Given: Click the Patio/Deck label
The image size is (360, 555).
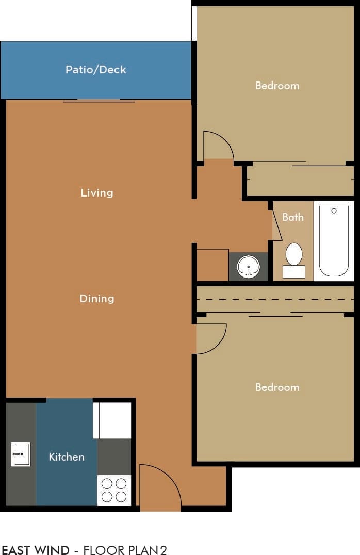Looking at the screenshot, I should [95, 70].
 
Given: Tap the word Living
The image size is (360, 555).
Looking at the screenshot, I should [96, 193].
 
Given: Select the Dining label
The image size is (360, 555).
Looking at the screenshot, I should [96, 299].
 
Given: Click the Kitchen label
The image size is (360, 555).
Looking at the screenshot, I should [66, 457].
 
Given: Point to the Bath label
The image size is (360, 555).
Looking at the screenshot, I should [292, 217].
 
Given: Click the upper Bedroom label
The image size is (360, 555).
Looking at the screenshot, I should [277, 86].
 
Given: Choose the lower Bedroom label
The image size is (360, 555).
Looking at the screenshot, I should [277, 387].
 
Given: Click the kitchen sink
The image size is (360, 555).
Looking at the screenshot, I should [21, 454].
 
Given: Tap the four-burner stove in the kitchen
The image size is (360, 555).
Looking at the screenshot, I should [114, 490].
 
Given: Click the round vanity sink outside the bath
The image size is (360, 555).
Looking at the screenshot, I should [249, 267].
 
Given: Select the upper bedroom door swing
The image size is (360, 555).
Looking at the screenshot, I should [218, 146].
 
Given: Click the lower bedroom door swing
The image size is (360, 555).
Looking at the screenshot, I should [210, 338].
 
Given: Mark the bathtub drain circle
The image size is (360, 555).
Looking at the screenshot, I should [334, 210].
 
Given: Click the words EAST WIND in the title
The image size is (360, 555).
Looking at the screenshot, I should [35, 550].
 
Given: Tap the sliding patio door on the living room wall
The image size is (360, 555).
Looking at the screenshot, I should [99, 101].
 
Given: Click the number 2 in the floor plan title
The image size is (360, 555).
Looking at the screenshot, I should [163, 550].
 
